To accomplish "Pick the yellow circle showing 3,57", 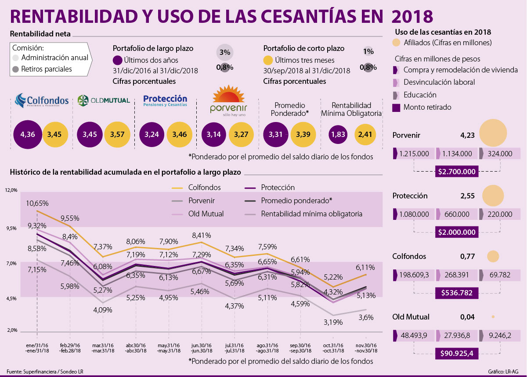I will [117, 134].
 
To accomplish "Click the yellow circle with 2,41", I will [368, 134].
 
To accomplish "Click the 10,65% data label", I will [37, 203].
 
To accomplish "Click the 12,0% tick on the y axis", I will [11, 190].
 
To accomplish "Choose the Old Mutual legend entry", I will [197, 214].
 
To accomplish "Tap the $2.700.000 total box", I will [457, 171].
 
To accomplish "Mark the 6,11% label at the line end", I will [365, 266].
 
